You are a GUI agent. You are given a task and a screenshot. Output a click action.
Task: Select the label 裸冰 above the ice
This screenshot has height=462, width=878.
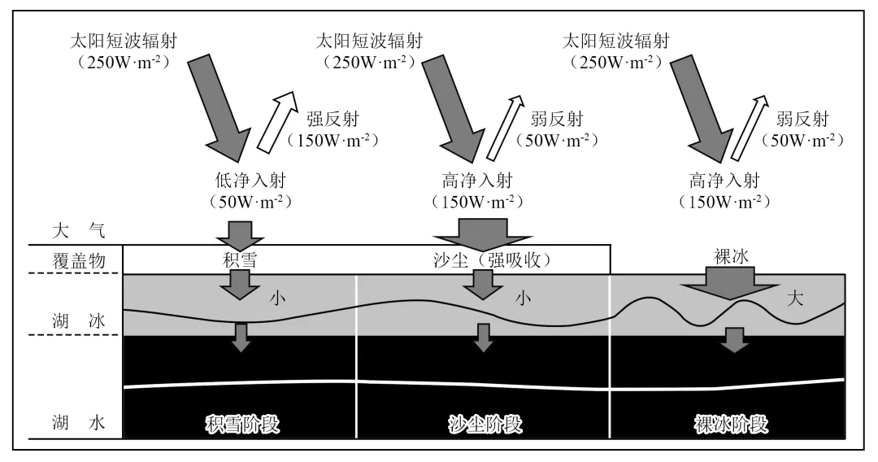click(x=725, y=256)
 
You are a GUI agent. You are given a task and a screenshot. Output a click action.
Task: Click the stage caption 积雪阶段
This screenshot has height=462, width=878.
click(x=241, y=425)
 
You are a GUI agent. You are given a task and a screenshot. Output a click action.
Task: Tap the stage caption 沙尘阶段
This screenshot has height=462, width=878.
click(x=485, y=425)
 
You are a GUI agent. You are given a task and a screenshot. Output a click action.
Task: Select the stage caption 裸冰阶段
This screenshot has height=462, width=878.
click(x=731, y=425)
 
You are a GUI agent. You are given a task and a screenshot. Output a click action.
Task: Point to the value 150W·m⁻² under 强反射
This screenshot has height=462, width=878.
click(x=332, y=139)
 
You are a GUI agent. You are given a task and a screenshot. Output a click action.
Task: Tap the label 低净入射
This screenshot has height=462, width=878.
click(x=240, y=180)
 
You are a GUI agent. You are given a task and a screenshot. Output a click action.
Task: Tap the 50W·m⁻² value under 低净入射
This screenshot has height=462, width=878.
click(x=240, y=200)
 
